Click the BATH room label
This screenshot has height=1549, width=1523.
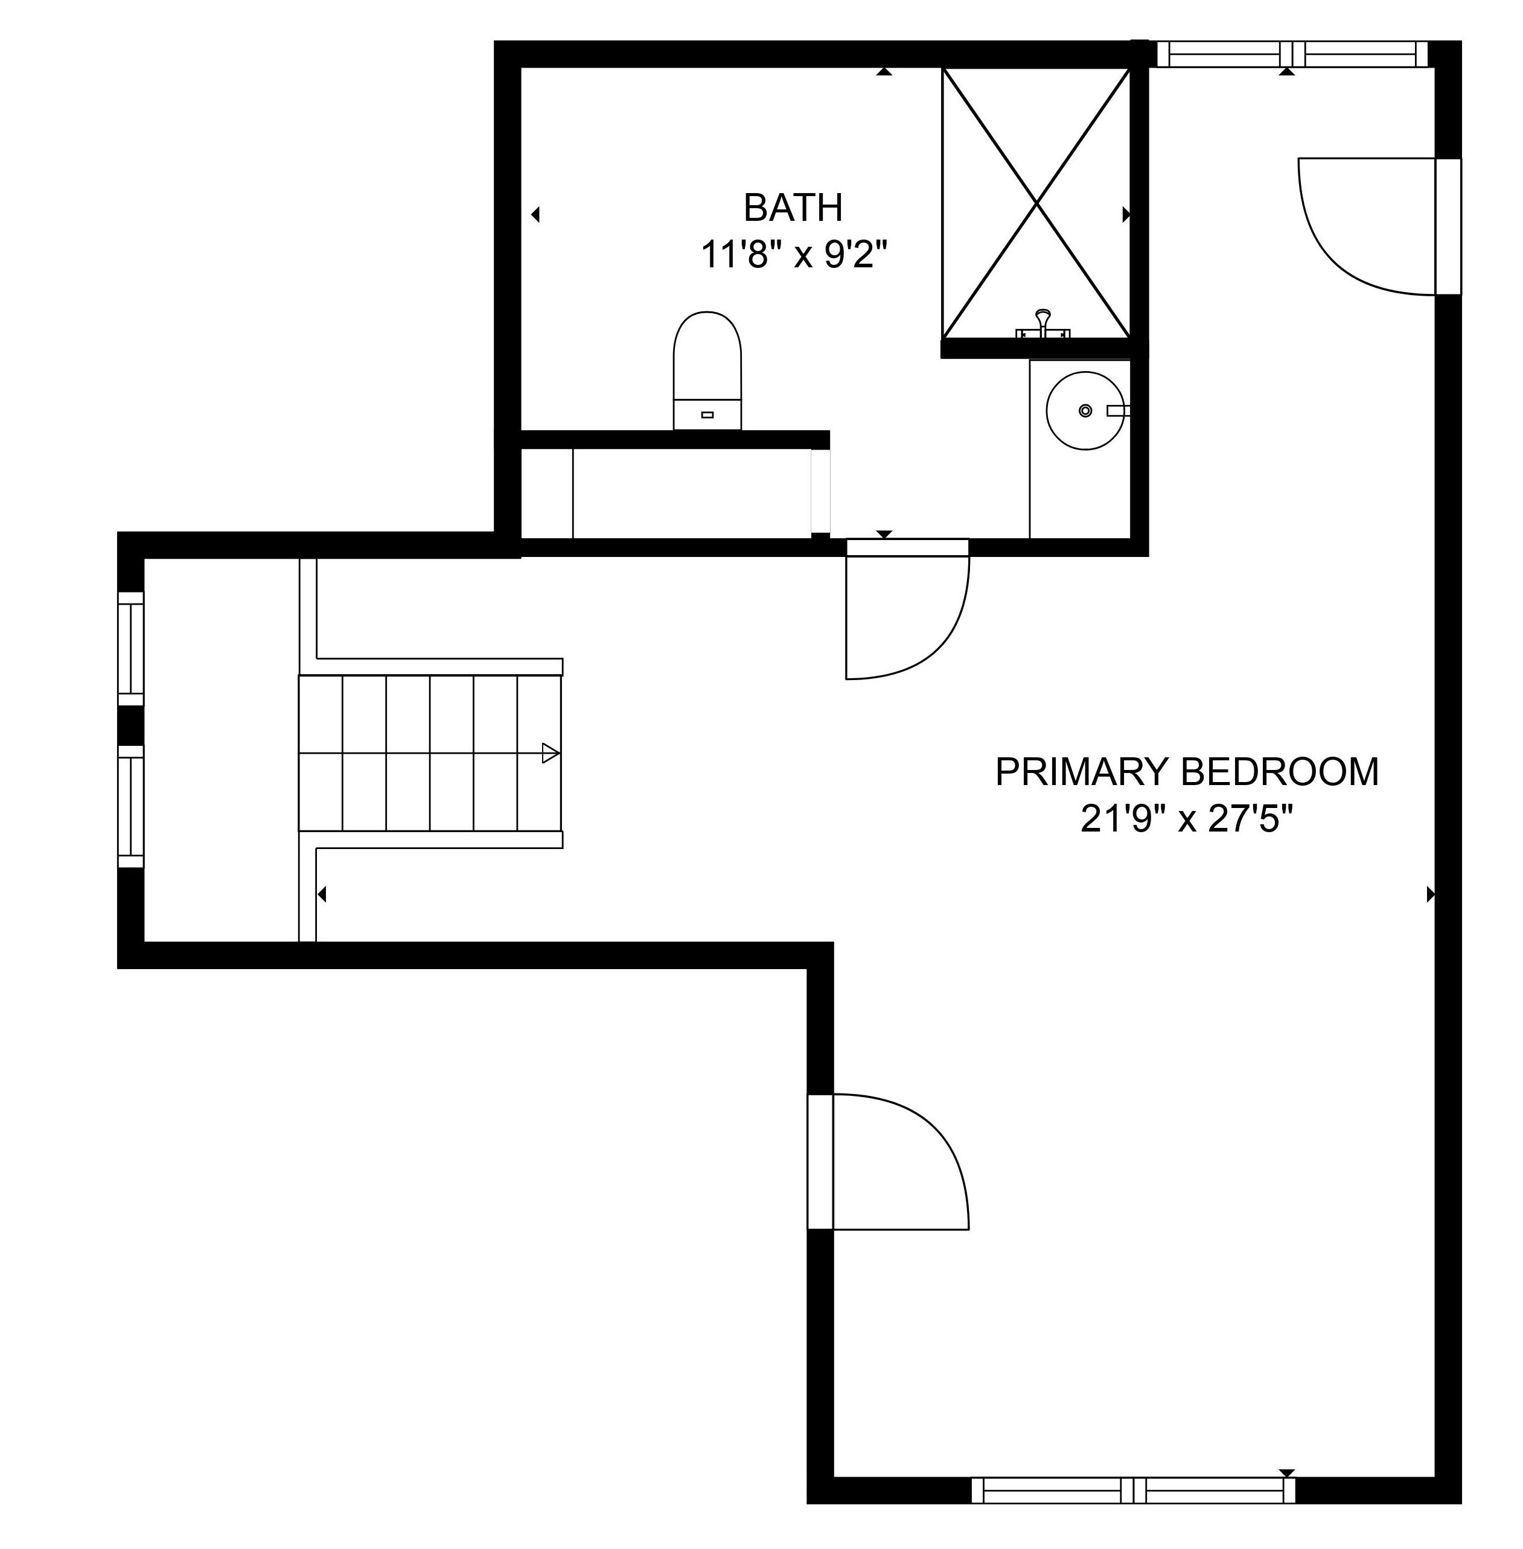[793, 208]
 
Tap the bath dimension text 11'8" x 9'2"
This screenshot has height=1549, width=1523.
[794, 255]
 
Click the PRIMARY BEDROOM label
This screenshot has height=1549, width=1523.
[1186, 772]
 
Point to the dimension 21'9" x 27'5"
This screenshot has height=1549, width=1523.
[1186, 819]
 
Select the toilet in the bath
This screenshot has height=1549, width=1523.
[707, 371]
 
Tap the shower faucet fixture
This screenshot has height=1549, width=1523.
[1042, 325]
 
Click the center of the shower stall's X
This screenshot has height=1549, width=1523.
[1036, 204]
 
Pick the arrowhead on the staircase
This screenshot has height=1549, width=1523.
[551, 752]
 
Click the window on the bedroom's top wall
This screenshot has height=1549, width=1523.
[1292, 54]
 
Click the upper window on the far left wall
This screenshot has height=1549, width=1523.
[131, 649]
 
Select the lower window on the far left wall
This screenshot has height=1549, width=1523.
[131, 806]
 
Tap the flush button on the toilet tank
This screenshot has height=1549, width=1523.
[707, 414]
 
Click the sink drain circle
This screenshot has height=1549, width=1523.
[1085, 410]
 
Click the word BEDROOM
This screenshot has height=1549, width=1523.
[1280, 772]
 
